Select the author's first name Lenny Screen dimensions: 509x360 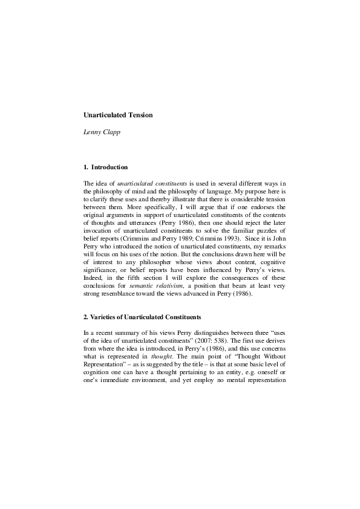coord(91,132)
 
